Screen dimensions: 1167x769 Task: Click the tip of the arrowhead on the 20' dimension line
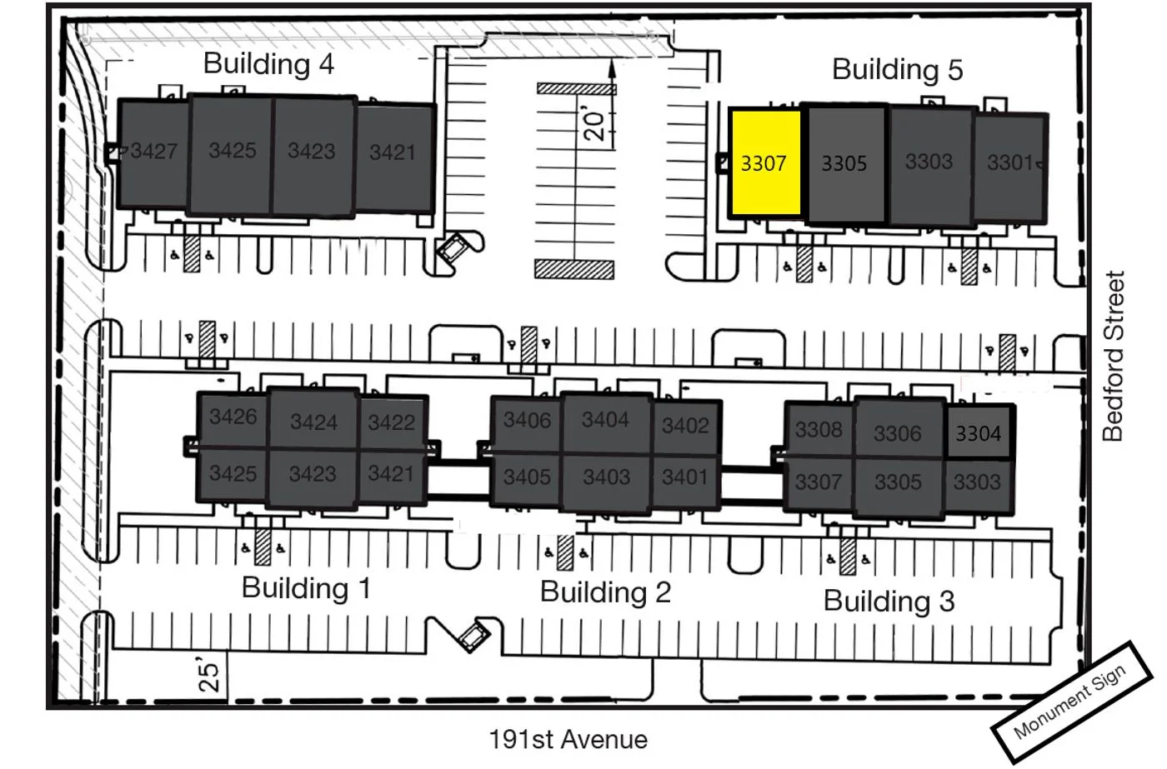[612, 59]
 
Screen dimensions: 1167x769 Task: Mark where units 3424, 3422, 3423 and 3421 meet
[358, 448]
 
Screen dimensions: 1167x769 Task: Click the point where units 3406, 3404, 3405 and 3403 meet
[562, 453]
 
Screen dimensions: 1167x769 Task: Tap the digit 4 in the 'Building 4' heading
[327, 64]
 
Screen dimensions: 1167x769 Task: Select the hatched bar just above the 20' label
[576, 88]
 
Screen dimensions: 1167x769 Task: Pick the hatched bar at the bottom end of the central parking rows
[574, 268]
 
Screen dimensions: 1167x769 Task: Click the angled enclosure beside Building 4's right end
[453, 249]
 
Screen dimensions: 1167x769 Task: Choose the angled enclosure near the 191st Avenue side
[473, 635]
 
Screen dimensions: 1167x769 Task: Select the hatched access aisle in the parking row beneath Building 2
[565, 552]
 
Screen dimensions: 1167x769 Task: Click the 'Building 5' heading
[897, 69]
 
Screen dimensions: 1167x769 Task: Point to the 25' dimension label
[209, 677]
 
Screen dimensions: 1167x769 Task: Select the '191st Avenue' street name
[568, 739]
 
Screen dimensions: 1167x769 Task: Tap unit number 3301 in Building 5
[1009, 163]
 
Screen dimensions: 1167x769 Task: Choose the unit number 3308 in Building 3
[819, 430]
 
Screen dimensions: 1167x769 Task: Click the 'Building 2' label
[605, 592]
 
